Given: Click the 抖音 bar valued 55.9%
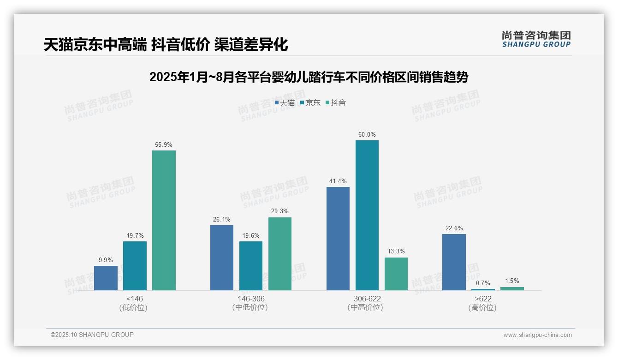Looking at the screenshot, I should click(x=164, y=220).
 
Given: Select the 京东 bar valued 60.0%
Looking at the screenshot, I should click(x=367, y=215).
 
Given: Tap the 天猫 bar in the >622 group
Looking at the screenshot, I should click(x=454, y=262).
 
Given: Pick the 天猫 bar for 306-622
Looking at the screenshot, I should click(x=338, y=239).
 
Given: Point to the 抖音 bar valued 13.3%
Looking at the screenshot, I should click(x=396, y=274).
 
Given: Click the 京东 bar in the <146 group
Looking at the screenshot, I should click(x=135, y=266).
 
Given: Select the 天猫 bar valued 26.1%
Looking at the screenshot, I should click(x=222, y=258).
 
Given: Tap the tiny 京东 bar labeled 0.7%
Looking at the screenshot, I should click(x=483, y=289).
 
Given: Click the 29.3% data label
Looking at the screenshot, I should click(x=280, y=211).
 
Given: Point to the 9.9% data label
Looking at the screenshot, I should click(x=106, y=260).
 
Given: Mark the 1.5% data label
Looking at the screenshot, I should click(x=512, y=281).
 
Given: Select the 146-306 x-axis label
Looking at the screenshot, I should click(x=251, y=299).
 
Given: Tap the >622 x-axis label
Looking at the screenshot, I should click(x=483, y=299).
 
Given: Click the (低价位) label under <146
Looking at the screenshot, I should click(x=133, y=307).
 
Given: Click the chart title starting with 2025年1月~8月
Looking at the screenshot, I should click(x=309, y=77).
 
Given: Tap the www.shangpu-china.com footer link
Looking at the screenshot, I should click(x=537, y=335).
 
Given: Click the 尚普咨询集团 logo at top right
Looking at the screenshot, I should click(x=536, y=39).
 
